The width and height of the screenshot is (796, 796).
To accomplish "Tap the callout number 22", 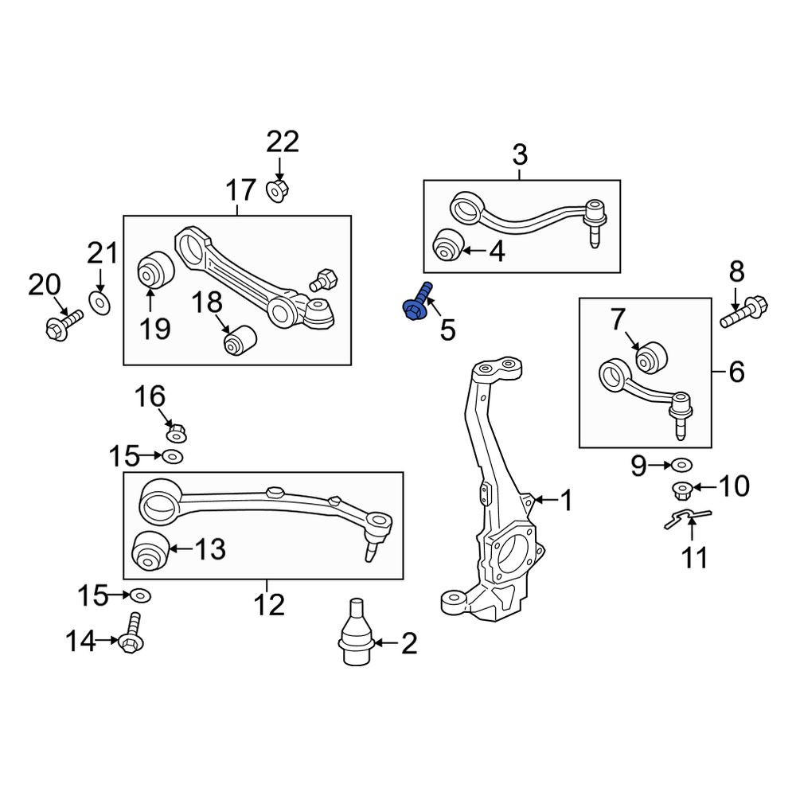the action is (283, 142).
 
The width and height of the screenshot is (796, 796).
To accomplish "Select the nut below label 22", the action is (277, 190).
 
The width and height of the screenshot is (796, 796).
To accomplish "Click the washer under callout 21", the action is (99, 302).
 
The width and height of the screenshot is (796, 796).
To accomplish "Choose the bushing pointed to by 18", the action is (240, 341).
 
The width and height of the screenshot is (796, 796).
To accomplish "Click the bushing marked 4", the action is (447, 244).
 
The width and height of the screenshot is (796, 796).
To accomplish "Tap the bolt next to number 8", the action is (745, 310).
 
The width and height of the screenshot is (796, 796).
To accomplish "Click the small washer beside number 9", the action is (682, 464).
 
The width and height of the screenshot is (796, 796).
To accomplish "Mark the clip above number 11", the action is (689, 519).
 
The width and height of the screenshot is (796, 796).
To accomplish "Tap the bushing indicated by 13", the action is (150, 551).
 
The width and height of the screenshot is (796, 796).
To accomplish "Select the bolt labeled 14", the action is (131, 633).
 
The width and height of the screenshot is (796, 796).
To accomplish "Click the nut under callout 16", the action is (177, 434).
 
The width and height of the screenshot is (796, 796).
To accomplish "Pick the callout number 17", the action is (240, 190).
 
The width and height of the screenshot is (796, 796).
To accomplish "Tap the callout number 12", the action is (269, 605).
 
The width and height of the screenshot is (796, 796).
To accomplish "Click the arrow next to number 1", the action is (545, 500).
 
